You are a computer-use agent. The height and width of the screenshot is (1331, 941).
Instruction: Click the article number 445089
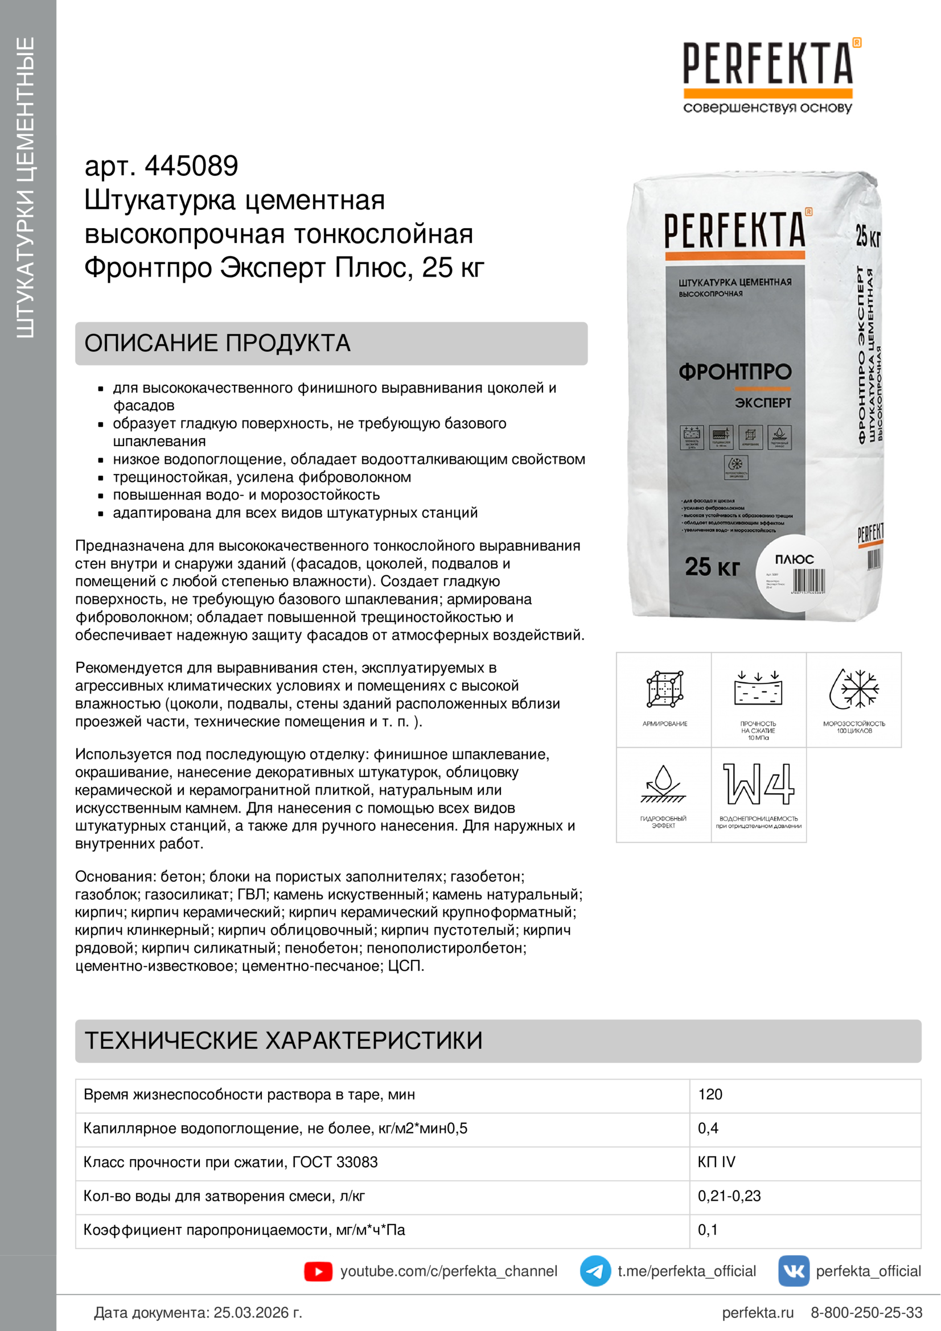pyautogui.click(x=191, y=166)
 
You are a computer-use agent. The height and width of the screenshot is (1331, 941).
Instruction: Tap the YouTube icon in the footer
pyautogui.click(x=318, y=1271)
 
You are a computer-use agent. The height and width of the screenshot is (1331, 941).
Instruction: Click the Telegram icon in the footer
pyautogui.click(x=595, y=1271)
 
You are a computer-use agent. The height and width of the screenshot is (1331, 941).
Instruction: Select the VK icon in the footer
pyautogui.click(x=793, y=1271)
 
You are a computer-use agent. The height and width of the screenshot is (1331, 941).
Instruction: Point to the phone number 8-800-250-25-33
pyautogui.click(x=866, y=1312)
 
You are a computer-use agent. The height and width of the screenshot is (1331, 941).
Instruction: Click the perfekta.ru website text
pyautogui.click(x=757, y=1312)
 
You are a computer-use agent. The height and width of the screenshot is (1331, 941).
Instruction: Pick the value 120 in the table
pyautogui.click(x=710, y=1094)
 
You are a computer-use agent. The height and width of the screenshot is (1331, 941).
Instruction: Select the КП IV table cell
pyautogui.click(x=716, y=1162)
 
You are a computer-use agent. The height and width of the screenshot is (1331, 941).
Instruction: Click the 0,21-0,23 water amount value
pyautogui.click(x=729, y=1196)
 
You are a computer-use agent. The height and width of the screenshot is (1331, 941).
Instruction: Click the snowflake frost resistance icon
pyautogui.click(x=854, y=689)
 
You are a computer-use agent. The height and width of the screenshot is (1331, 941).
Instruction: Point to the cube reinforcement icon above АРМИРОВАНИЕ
pyautogui.click(x=664, y=689)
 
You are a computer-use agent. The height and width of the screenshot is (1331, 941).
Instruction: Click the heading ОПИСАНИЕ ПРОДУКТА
pyautogui.click(x=217, y=343)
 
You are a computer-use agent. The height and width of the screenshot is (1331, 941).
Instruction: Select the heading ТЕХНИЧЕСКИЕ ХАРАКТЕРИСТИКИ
pyautogui.click(x=283, y=1041)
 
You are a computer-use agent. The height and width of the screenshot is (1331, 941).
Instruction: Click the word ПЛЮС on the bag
pyautogui.click(x=794, y=559)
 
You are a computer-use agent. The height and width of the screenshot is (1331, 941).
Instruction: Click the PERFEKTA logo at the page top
pyautogui.click(x=767, y=63)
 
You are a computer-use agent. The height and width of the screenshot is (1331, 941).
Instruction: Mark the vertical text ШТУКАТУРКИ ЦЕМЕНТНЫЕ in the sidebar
pyautogui.click(x=26, y=187)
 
